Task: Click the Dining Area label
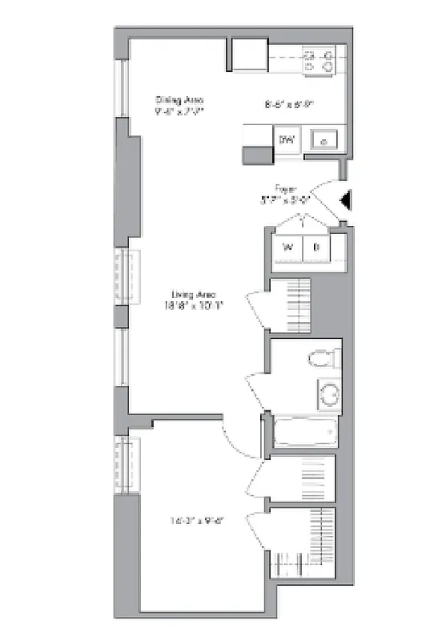click(179, 100)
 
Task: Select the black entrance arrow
click(345, 202)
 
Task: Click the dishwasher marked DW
click(286, 140)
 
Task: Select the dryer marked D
click(316, 248)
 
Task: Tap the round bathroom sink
click(328, 394)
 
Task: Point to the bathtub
click(303, 433)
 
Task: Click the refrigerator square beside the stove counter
click(249, 56)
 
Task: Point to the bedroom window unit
click(127, 464)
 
